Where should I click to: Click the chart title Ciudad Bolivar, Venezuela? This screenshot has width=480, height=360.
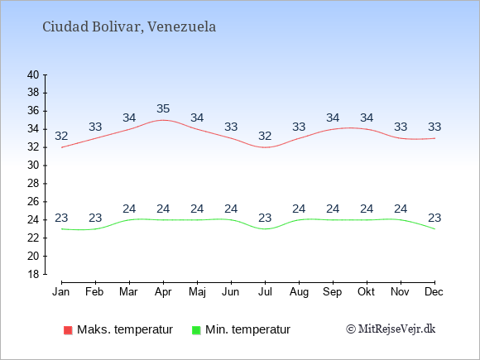click(129, 27)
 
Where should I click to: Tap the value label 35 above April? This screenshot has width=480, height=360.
click(163, 108)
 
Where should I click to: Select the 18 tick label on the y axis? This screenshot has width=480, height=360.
click(33, 274)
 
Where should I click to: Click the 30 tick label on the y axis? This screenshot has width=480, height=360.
click(33, 166)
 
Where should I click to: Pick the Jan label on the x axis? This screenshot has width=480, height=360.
click(61, 292)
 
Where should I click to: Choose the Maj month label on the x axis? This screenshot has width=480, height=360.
click(197, 292)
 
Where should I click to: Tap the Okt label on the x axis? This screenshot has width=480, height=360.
click(367, 292)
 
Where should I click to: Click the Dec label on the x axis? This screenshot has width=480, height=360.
click(434, 292)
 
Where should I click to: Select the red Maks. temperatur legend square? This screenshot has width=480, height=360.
click(68, 330)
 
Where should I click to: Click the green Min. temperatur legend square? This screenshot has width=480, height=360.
click(196, 330)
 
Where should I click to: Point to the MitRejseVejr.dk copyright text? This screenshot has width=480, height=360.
click(391, 329)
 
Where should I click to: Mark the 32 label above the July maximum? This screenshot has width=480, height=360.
click(265, 136)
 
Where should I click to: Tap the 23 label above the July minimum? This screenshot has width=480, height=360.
click(265, 218)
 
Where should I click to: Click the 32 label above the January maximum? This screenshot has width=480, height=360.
click(61, 136)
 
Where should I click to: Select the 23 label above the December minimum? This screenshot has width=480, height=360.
click(434, 218)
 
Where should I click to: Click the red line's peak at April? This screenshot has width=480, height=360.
click(163, 120)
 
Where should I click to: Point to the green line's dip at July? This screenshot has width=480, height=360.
click(265, 229)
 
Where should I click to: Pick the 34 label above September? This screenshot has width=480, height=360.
click(333, 118)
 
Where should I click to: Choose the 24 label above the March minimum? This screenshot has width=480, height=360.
click(129, 209)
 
